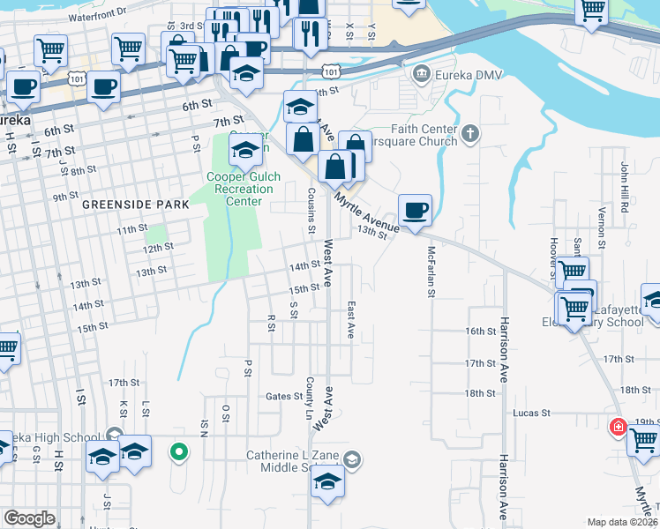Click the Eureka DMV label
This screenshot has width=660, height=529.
[464, 72]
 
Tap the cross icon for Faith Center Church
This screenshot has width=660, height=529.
[471, 133]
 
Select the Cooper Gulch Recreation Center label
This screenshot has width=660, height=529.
[244, 189]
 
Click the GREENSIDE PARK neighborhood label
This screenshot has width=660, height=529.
[136, 204]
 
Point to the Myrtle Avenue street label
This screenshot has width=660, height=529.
[366, 214]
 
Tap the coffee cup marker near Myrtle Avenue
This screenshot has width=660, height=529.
[415, 210]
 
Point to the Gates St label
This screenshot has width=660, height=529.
[284, 397]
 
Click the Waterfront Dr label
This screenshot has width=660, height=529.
[97, 15]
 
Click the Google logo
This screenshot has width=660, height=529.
[29, 518]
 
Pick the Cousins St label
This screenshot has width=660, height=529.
[311, 212]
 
